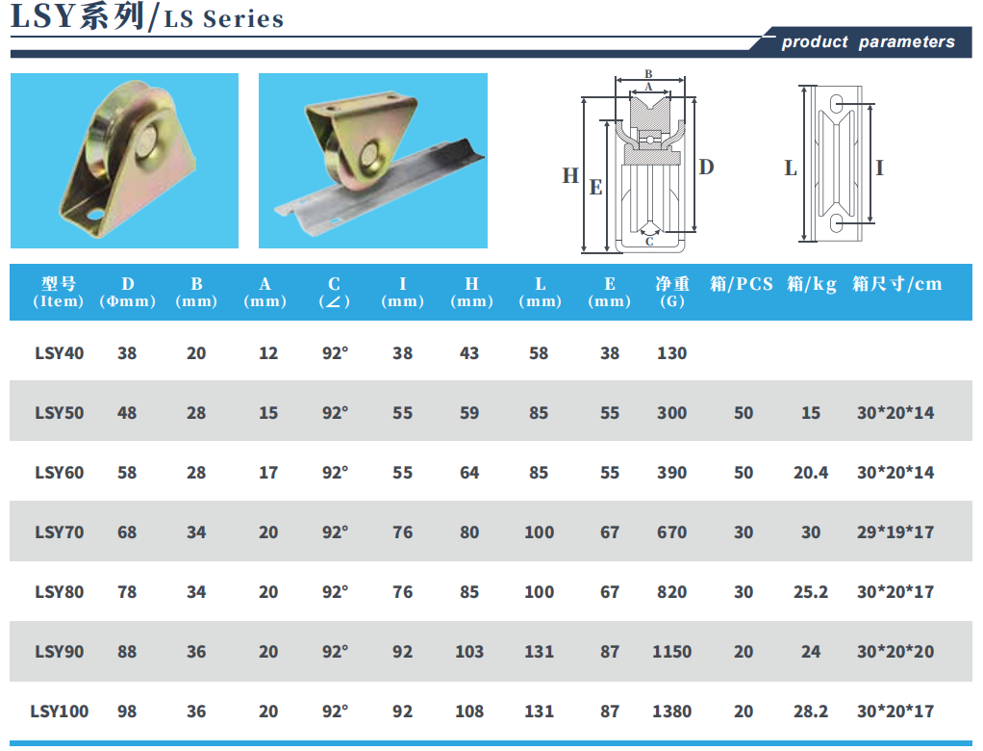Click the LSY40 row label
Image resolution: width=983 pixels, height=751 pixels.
click(59, 353)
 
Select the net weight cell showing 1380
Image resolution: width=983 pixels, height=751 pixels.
click(671, 712)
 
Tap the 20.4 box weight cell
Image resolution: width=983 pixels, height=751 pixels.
click(810, 473)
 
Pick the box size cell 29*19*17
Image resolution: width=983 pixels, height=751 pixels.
click(895, 532)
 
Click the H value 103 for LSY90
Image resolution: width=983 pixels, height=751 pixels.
click(469, 652)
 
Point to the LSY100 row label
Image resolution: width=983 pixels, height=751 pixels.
click(59, 712)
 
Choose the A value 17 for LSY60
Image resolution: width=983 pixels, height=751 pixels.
click(268, 473)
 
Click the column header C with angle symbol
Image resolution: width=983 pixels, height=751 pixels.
click(334, 293)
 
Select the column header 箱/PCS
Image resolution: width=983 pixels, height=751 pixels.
click(741, 284)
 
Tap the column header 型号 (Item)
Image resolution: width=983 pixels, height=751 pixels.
click(59, 293)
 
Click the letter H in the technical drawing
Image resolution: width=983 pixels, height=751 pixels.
click(569, 175)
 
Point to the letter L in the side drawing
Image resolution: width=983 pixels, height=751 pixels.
click(791, 168)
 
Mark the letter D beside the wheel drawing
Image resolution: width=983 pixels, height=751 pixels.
click(707, 167)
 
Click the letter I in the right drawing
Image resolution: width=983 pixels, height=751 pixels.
click(879, 168)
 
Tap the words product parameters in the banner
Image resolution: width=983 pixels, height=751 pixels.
click(868, 42)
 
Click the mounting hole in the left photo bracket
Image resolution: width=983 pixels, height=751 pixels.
click(95, 216)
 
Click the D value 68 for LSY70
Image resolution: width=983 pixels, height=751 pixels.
click(127, 532)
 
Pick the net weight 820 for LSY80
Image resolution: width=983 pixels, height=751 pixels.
click(671, 592)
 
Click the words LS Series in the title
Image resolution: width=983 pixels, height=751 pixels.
click(224, 19)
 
